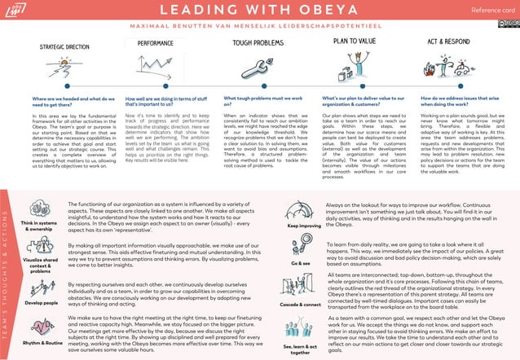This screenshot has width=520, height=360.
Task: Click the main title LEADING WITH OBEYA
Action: tap(259, 11)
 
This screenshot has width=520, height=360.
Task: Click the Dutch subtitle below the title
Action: tap(259, 24)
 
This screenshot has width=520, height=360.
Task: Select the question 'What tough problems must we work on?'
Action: tap(262, 100)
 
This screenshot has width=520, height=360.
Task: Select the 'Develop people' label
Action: tap(41, 301)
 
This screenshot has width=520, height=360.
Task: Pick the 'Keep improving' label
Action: tap(304, 226)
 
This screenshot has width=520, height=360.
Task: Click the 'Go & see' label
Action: tap(301, 264)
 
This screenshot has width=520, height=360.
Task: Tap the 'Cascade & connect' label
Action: tap(301, 304)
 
